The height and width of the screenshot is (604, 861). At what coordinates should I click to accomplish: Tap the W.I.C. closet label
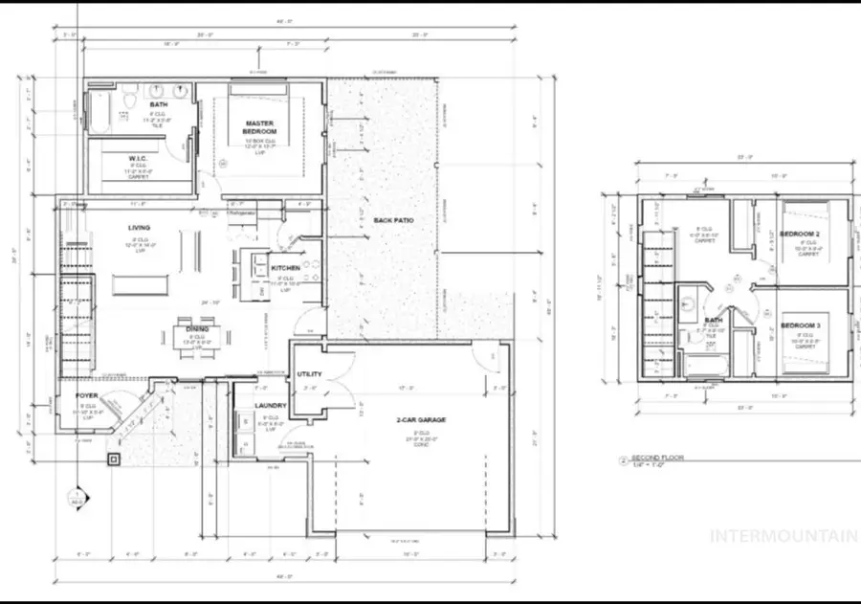[137, 159]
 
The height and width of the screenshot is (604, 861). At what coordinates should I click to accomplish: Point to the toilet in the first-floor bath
[125, 116]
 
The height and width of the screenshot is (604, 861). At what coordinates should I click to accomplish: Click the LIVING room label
[140, 228]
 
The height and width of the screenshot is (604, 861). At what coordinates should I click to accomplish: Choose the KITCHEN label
[286, 268]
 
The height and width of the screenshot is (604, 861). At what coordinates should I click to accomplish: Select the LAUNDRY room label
[271, 406]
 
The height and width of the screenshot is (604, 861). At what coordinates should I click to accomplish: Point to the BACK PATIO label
[392, 220]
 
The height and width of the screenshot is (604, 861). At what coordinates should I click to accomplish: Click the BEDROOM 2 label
[802, 234]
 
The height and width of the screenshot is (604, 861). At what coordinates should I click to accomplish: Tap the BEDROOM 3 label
[802, 326]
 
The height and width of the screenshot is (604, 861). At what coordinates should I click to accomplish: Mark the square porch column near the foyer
[115, 459]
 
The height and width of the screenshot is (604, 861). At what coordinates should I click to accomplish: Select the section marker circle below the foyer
[77, 499]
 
